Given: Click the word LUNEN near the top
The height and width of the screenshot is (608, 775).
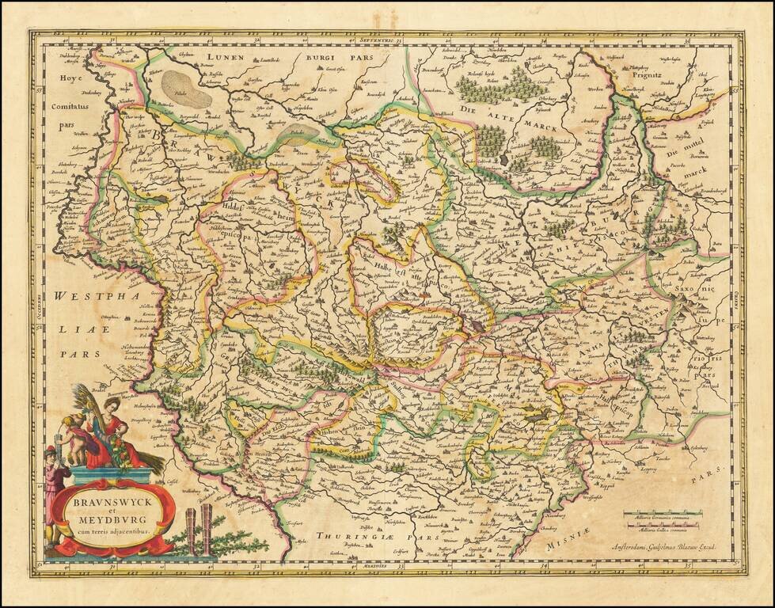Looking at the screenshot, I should click(x=224, y=57).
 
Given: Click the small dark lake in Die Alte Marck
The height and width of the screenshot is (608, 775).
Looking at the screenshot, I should click(x=504, y=158).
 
